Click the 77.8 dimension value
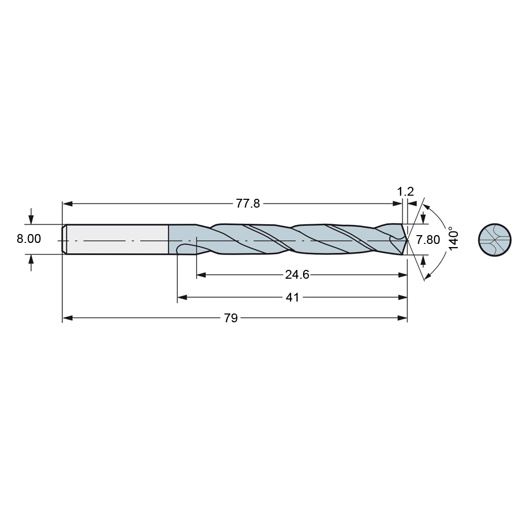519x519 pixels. (248, 203)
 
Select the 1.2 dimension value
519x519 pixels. (405, 192)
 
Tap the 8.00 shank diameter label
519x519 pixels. (29, 239)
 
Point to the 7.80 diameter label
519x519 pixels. (428, 240)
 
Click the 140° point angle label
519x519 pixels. (453, 238)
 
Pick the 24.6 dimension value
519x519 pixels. (297, 275)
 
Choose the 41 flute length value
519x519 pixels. (292, 297)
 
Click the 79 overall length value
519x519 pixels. (231, 318)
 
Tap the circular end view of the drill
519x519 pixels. (495, 240)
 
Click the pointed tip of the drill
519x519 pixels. (407, 240)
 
